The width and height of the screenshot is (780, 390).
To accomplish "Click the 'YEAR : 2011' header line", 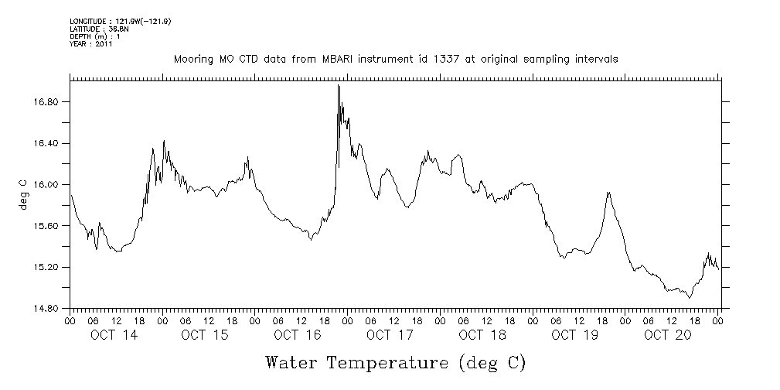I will tap(91, 44).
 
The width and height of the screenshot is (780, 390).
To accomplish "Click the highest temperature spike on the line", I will tap(339, 86).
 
